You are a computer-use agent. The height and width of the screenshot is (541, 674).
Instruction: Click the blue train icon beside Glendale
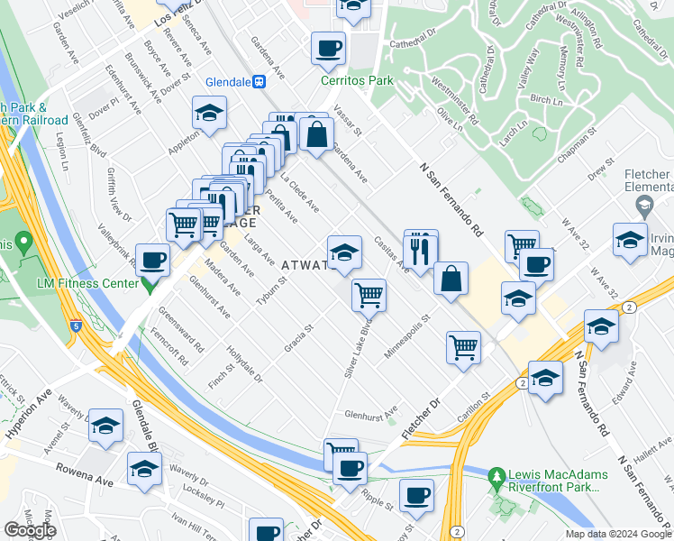point(260,80)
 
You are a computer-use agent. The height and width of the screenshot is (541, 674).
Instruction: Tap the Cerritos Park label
point(358,80)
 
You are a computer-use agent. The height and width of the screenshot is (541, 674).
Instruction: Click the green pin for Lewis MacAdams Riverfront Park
point(495,474)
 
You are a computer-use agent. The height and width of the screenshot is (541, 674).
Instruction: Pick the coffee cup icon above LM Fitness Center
point(152,260)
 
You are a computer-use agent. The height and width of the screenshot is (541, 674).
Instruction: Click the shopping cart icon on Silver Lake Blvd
point(369,294)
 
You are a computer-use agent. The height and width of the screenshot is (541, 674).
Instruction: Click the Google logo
point(30,530)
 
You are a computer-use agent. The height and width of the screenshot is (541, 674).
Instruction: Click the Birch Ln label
point(546,98)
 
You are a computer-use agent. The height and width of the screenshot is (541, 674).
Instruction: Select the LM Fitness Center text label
point(88,283)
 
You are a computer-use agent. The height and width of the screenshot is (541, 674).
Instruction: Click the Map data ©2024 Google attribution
point(618,534)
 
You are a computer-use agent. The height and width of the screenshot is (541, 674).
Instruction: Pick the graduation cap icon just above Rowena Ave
point(144,470)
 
